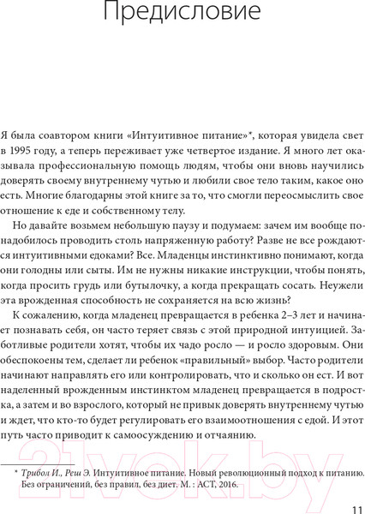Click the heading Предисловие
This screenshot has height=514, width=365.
point(182,14)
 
